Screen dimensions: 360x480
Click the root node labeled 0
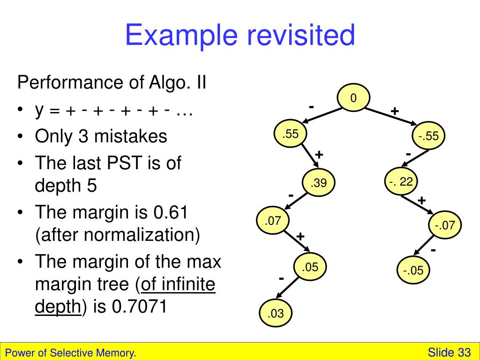click(353, 98)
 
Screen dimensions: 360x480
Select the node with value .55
click(290, 134)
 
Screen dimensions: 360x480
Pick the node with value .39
click(318, 183)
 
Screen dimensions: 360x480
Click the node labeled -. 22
click(400, 182)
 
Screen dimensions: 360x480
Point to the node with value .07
click(272, 221)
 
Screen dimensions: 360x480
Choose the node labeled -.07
click(445, 225)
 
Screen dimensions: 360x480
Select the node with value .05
click(310, 268)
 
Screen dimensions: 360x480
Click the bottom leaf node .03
click(276, 314)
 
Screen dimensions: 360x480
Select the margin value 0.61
click(171, 213)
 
